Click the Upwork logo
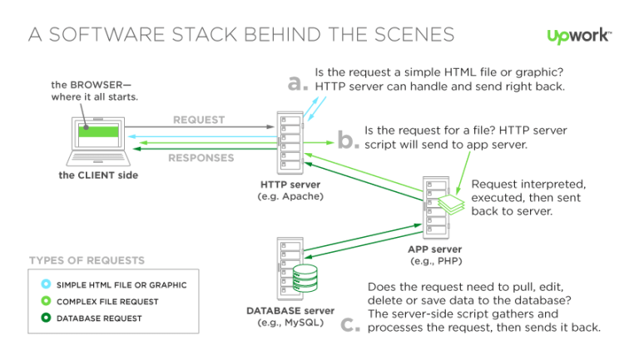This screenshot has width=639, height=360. click(579, 36)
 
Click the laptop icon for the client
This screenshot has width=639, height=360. click(97, 141)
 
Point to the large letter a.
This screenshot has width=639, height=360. click(297, 82)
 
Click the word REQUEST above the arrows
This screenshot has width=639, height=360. click(199, 120)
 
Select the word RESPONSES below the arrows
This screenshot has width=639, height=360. click(201, 158)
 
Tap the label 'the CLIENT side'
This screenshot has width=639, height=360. click(98, 175)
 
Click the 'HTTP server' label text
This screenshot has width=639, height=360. click(290, 185)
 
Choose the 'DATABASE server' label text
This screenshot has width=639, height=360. click(290, 310)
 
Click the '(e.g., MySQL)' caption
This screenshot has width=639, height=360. click(290, 323)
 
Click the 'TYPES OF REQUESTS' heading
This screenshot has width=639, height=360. click(87, 260)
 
